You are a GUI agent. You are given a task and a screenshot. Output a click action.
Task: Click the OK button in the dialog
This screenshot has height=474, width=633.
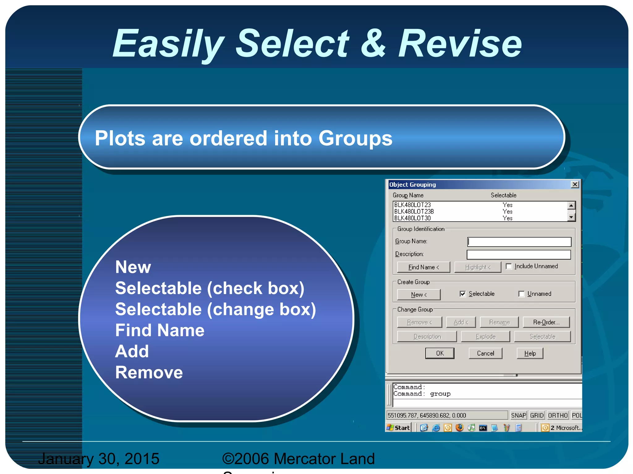(x=440, y=353)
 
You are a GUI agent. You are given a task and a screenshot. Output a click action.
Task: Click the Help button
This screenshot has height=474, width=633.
(x=530, y=353)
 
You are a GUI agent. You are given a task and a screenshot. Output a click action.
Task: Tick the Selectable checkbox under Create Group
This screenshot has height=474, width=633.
(x=463, y=294)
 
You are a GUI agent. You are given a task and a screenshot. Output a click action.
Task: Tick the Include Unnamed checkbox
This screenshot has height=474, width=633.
(x=509, y=266)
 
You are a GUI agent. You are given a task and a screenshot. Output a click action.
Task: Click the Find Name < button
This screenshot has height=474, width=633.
(x=423, y=267)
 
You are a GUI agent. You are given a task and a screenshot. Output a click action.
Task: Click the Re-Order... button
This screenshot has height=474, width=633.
(x=546, y=322)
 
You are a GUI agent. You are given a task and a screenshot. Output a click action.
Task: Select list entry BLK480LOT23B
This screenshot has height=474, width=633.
(x=414, y=212)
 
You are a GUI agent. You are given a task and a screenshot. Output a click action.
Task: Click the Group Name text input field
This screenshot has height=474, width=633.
(x=519, y=242)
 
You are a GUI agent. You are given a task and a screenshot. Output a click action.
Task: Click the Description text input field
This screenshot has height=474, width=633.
(x=518, y=255)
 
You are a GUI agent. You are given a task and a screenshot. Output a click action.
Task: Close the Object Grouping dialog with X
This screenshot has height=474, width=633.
(x=575, y=185)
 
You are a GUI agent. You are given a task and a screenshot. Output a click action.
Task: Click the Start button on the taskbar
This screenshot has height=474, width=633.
(x=398, y=428)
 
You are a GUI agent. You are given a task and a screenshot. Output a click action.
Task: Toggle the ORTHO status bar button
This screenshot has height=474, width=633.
(x=558, y=415)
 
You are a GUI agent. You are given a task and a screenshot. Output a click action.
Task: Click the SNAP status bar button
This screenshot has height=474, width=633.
(x=518, y=415)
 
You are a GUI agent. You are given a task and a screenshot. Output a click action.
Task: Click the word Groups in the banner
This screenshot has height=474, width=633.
(x=355, y=138)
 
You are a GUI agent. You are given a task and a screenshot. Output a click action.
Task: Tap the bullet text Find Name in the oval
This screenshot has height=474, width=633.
(x=159, y=330)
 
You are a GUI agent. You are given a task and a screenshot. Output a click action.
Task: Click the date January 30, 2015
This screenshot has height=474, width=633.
(x=99, y=459)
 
